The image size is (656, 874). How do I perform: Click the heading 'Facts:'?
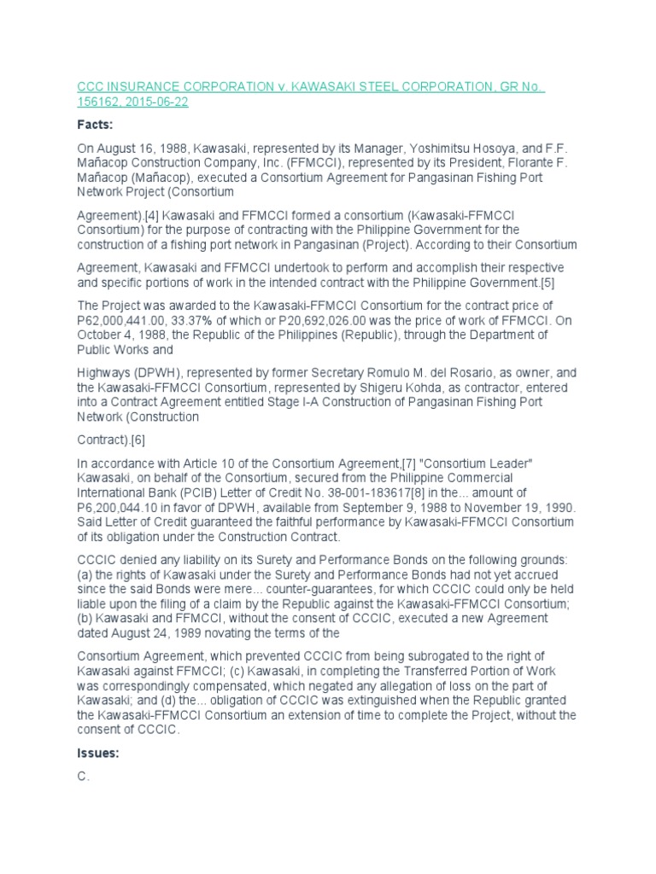tap(96, 124)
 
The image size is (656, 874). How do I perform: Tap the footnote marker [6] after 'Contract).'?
tap(137, 441)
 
